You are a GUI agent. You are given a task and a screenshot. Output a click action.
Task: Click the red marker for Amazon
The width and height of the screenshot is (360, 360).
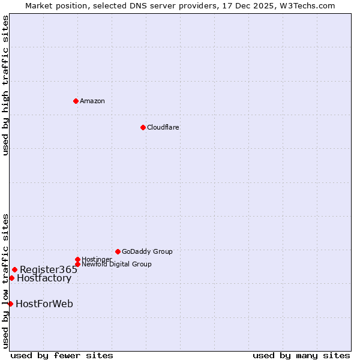click(76, 101)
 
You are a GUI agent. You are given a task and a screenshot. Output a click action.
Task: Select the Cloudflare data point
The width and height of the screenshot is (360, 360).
click(143, 127)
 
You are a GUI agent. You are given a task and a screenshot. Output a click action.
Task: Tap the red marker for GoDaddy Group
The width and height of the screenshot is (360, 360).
click(118, 251)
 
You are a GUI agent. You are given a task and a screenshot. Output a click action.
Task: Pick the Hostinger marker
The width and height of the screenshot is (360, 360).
click(77, 259)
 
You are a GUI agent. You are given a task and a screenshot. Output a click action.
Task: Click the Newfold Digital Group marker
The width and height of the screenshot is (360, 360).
click(77, 264)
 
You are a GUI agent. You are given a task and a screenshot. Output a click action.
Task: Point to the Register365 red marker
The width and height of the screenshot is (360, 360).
click(14, 269)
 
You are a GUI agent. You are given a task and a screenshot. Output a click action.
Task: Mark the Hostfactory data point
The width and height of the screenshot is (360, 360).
click(11, 278)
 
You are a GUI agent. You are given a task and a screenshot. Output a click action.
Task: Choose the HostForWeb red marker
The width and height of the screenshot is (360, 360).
click(10, 304)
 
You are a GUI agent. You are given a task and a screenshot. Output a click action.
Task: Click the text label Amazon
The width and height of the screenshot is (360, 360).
click(92, 101)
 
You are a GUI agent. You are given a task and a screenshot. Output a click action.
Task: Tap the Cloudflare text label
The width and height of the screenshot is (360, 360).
click(163, 127)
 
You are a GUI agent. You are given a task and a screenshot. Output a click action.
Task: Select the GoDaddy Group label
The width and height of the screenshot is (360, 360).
click(147, 251)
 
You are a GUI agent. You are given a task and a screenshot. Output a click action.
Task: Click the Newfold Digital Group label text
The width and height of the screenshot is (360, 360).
click(116, 265)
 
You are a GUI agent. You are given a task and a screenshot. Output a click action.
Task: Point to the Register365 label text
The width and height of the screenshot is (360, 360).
click(49, 269)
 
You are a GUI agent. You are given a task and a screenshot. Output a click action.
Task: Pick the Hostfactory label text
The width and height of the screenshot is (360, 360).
click(44, 278)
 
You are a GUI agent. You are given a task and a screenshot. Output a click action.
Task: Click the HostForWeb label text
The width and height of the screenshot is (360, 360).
click(44, 304)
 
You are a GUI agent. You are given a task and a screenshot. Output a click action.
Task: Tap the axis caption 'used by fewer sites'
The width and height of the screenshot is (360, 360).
click(62, 355)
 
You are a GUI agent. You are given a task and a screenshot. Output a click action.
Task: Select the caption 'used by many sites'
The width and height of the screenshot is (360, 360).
click(301, 355)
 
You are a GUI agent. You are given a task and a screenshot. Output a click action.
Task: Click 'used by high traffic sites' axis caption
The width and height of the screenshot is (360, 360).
click(5, 85)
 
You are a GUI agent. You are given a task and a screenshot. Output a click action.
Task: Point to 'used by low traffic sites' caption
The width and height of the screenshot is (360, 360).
click(5, 280)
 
